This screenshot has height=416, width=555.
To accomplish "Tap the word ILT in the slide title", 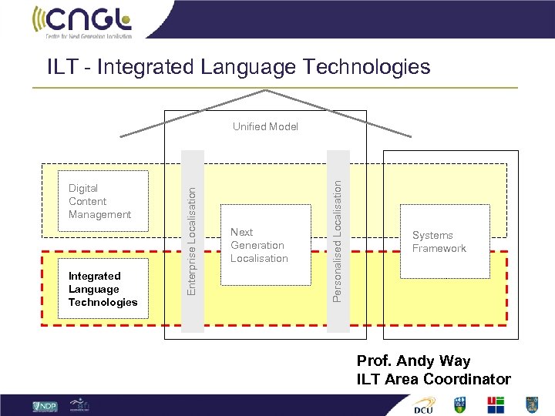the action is pyautogui.click(x=61, y=67).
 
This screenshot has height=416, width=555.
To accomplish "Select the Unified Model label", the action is pyautogui.click(x=265, y=126).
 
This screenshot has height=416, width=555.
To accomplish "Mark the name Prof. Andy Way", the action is pyautogui.click(x=413, y=361).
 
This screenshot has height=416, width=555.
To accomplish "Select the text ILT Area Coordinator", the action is pyautogui.click(x=433, y=378).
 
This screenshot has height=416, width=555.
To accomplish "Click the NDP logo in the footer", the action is pyautogui.click(x=45, y=406).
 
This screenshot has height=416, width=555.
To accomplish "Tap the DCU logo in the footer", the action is pyautogui.click(x=423, y=406).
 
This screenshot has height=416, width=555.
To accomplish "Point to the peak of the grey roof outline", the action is pyautogui.click(x=266, y=91).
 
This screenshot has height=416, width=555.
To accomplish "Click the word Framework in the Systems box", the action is pyautogui.click(x=439, y=248).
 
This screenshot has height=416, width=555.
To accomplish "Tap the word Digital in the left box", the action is pyautogui.click(x=83, y=188).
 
